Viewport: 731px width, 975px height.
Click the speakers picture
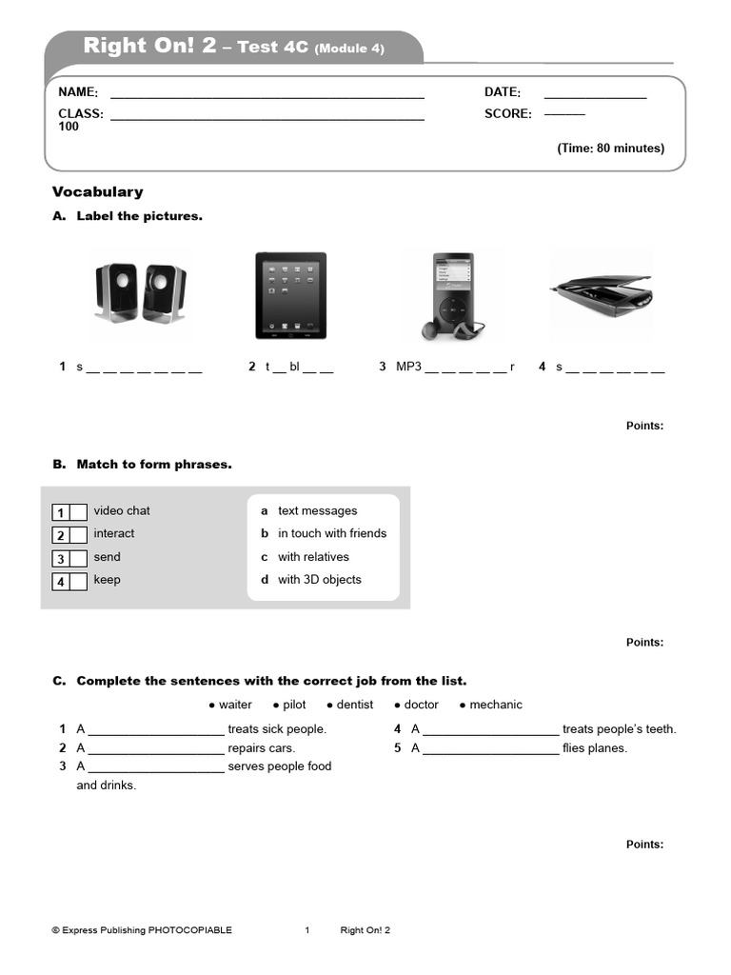(140, 294)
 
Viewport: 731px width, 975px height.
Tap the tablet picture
(290, 295)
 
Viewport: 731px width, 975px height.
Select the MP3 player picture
(448, 295)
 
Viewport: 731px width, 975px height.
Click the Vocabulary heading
(97, 191)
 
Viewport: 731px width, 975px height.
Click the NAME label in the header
(78, 92)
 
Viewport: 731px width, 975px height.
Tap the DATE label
(503, 92)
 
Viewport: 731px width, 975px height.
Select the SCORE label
(508, 114)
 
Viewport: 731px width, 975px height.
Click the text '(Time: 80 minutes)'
(610, 149)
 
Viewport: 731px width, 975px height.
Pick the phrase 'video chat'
(122, 511)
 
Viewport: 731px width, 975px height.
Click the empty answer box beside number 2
(78, 535)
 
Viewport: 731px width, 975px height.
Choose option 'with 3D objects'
(320, 580)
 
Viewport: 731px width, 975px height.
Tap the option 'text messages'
(318, 511)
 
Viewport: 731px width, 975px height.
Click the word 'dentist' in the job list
(355, 706)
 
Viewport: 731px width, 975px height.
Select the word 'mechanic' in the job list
(496, 706)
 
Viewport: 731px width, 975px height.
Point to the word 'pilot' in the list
(294, 706)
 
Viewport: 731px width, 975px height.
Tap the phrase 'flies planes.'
(595, 748)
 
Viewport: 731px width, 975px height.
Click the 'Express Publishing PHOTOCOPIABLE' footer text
(142, 931)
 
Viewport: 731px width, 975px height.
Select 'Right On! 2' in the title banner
(149, 46)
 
